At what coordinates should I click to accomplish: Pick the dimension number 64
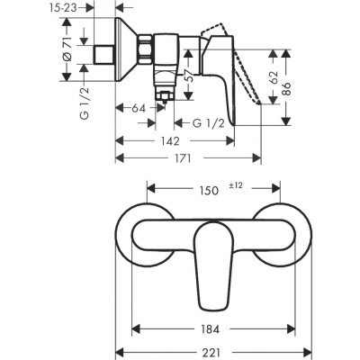[x=138, y=109]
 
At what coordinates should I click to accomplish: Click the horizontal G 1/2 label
[x=204, y=122]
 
